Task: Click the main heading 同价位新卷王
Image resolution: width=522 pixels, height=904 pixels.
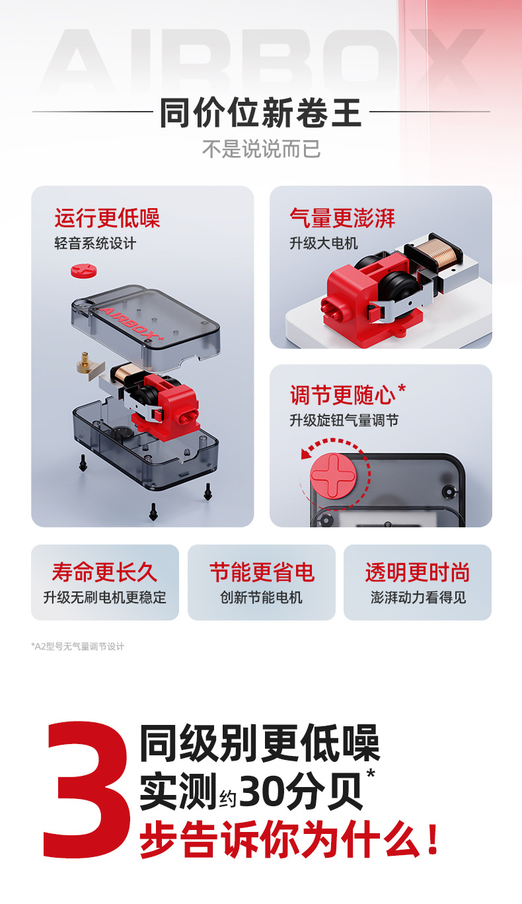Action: coord(260,112)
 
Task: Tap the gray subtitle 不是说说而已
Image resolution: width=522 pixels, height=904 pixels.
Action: coord(261,149)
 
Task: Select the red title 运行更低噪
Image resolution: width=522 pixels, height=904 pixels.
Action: coord(107,218)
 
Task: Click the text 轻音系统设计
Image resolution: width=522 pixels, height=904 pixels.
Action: coord(95,243)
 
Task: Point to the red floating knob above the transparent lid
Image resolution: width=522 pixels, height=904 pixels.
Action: coord(84,270)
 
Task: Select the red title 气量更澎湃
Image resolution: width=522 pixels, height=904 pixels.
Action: coord(342,218)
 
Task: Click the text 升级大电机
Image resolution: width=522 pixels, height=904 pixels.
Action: coord(324,243)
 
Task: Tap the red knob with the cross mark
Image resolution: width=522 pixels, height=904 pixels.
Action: coord(333,474)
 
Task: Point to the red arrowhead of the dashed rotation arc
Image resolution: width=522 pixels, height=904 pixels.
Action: coord(307,454)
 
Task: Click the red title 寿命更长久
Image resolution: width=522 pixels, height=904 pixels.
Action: coord(104,572)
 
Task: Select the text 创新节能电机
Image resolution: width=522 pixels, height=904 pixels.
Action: coord(262,597)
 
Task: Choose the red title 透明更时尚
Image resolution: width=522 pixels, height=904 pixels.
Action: coord(418,572)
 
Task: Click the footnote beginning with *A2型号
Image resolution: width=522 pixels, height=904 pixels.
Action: coord(78,646)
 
